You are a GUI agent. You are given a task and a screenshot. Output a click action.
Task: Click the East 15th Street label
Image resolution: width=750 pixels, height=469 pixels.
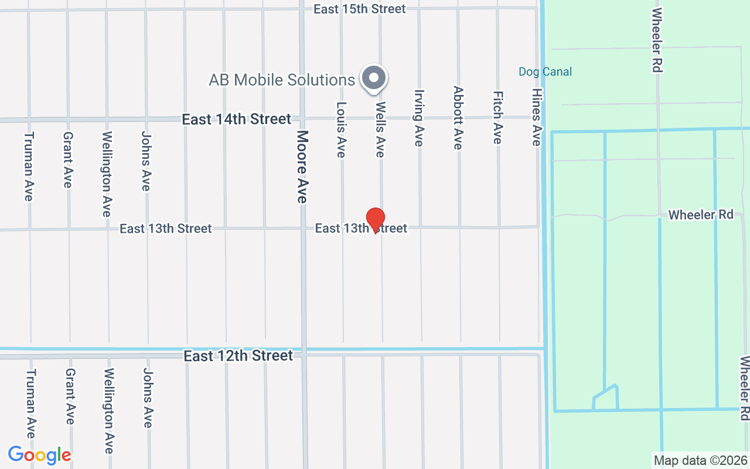pyautogui.click(x=359, y=9)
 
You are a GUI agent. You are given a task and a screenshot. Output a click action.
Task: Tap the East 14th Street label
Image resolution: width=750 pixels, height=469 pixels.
pyautogui.click(x=236, y=119)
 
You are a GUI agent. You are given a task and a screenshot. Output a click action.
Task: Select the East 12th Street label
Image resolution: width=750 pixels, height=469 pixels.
pyautogui.click(x=238, y=356)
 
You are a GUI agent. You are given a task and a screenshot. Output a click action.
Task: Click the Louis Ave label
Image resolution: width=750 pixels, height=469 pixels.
pyautogui.click(x=341, y=130)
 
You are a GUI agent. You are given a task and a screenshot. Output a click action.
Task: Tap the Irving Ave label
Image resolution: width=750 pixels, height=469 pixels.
pyautogui.click(x=418, y=117)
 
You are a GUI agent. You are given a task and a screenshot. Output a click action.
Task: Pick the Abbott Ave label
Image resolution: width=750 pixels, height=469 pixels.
pyautogui.click(x=458, y=117)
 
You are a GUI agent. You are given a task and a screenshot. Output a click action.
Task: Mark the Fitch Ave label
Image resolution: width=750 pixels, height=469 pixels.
pyautogui.click(x=497, y=117)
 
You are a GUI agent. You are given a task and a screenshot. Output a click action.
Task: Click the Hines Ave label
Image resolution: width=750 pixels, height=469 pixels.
pyautogui.click(x=536, y=117)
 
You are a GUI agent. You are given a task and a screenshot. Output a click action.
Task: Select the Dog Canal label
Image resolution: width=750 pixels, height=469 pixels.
pyautogui.click(x=545, y=72)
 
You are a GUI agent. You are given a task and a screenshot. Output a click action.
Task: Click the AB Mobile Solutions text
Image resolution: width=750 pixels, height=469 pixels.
pyautogui.click(x=282, y=80)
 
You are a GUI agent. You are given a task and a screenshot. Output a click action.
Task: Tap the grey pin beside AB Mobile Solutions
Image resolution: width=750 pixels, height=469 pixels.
pyautogui.click(x=374, y=78)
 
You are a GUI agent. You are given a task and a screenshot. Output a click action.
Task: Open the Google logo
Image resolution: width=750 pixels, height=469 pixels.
pyautogui.click(x=39, y=455)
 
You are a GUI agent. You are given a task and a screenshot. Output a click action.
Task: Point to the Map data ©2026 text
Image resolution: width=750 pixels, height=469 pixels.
pyautogui.click(x=701, y=460)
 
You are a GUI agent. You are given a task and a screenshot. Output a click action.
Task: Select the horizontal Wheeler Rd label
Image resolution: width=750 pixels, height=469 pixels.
pyautogui.click(x=701, y=215)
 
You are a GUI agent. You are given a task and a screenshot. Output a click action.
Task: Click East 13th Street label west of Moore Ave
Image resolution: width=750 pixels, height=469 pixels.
pyautogui.click(x=165, y=228)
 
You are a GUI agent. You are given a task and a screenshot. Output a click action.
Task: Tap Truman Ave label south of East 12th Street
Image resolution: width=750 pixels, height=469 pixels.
pyautogui.click(x=30, y=403)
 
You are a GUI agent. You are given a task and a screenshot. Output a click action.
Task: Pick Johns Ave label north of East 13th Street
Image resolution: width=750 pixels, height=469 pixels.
pyautogui.click(x=146, y=160)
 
